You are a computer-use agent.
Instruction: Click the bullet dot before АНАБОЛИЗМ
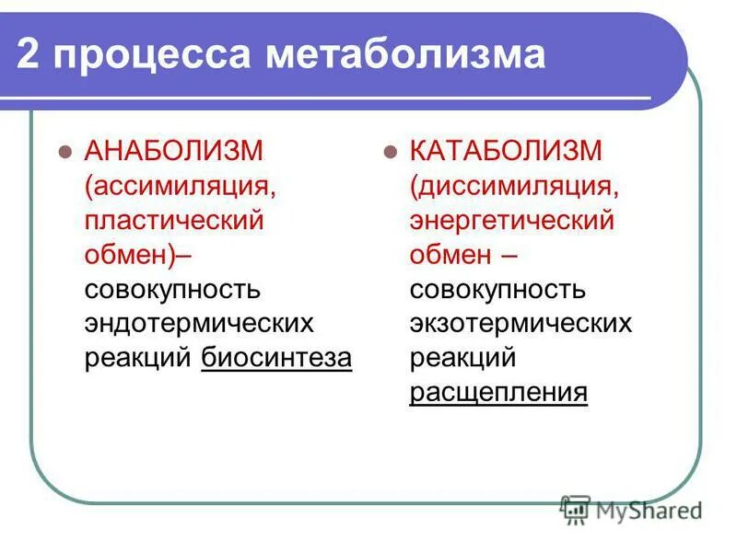[x=64, y=153]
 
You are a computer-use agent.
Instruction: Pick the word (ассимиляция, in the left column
[x=181, y=187]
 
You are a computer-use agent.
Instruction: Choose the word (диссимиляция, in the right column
[x=513, y=187]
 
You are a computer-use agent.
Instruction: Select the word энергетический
[x=512, y=222]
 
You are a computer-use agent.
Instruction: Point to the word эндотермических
[x=199, y=324]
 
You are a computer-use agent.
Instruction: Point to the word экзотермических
[x=521, y=324]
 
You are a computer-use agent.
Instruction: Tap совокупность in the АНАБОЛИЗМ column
[x=172, y=290]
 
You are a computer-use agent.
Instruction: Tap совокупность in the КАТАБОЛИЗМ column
[x=497, y=290]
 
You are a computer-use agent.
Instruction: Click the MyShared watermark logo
[x=631, y=509]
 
